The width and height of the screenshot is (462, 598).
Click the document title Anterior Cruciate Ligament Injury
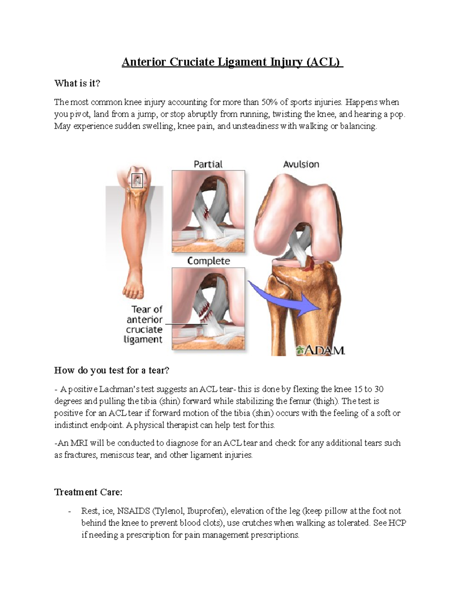tap(232, 62)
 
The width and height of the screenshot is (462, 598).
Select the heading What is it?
tap(77, 83)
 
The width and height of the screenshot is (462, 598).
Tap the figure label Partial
tap(208, 164)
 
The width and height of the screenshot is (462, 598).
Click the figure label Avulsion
tap(301, 164)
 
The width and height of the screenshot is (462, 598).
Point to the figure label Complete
tap(208, 261)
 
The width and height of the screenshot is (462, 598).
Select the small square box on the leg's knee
tap(137, 181)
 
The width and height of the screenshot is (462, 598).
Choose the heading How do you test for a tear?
tap(112, 370)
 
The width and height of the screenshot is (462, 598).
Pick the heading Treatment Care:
tap(88, 492)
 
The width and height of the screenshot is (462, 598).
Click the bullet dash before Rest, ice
tap(69, 511)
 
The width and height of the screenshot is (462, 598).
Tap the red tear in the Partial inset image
tap(207, 211)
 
